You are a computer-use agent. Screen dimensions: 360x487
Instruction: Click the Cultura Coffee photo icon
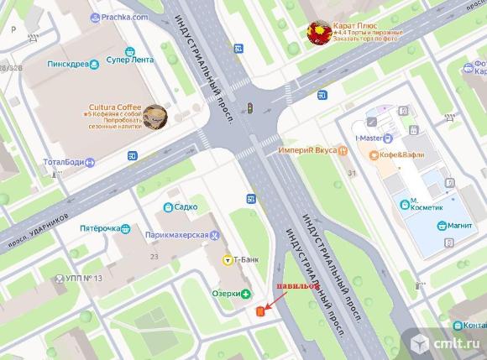point(154,117)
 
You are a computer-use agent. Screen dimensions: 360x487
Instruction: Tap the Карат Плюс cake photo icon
point(319,33)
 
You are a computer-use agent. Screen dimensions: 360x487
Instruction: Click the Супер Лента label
point(132,60)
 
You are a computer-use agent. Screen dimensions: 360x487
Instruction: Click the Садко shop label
point(186,206)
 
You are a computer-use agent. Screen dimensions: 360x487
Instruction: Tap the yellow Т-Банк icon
point(227,260)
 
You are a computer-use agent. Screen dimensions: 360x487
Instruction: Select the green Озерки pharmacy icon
point(246,294)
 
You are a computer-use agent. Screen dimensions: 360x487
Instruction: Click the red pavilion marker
point(260,312)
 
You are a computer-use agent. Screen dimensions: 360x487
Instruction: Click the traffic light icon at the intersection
point(249,107)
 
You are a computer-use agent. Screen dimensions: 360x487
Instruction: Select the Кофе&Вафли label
point(403,155)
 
